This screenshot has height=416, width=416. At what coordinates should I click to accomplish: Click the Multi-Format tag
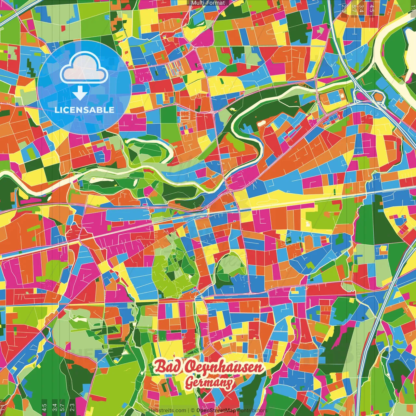pyautogui.click(x=208, y=3)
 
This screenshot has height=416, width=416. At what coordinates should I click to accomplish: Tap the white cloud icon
pyautogui.click(x=84, y=69)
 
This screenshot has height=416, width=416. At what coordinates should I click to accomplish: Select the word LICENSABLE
pyautogui.click(x=84, y=110)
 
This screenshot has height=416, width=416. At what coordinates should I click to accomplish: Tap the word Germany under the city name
pyautogui.click(x=209, y=383)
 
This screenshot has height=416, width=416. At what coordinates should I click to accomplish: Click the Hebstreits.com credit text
pyautogui.click(x=167, y=410)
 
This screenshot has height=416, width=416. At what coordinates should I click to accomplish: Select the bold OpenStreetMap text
pyautogui.click(x=216, y=410)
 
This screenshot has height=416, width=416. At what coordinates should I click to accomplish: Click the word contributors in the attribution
pyautogui.click(x=252, y=410)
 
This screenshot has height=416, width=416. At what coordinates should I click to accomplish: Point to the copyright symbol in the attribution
pyautogui.click(x=192, y=410)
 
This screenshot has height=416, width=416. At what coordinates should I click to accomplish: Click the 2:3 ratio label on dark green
pyautogui.click(x=72, y=407)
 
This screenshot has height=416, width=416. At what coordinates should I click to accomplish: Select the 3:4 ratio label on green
pyautogui.click(x=55, y=407)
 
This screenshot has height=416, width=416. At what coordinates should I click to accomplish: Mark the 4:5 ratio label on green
pyautogui.click(x=44, y=407)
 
